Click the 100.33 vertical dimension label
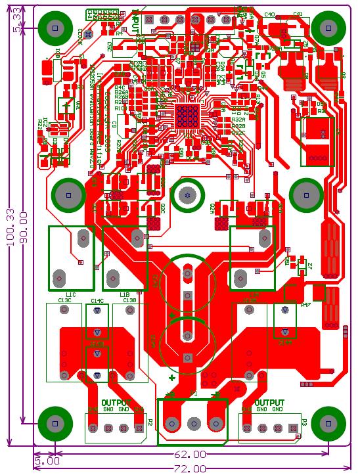point(10,227)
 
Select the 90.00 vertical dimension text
point(24,227)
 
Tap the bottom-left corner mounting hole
point(55,422)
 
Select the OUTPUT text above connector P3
point(269,402)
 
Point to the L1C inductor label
point(70,294)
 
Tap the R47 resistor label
point(305,305)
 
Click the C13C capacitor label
point(64,300)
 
